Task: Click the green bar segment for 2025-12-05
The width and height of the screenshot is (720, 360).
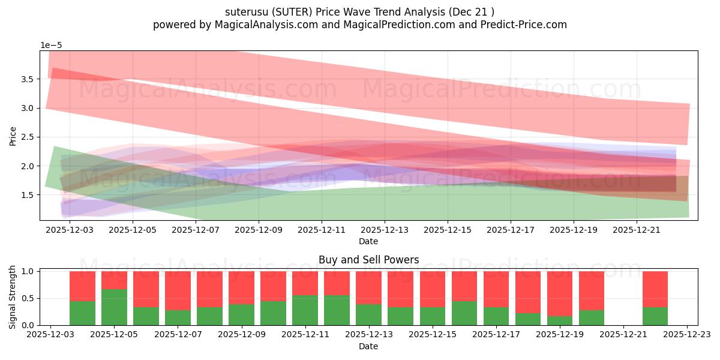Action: coord(114,307)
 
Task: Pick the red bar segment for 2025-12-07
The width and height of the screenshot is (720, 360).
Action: coord(178,290)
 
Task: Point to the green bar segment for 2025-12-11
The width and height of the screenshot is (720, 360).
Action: coord(305,310)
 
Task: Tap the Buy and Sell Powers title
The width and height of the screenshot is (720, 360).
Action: coord(368,260)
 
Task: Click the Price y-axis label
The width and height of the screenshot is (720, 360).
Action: coord(13,136)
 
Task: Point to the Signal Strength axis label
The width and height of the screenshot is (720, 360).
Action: coord(13,297)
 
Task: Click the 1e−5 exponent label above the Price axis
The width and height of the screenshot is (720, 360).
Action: coord(51,45)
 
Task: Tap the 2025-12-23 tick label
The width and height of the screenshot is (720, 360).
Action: coord(686,335)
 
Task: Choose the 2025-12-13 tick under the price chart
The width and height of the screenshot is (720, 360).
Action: coord(385,229)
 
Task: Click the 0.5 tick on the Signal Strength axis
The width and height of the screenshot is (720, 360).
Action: coord(28,298)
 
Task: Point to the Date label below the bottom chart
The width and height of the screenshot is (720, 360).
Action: coord(368,346)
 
